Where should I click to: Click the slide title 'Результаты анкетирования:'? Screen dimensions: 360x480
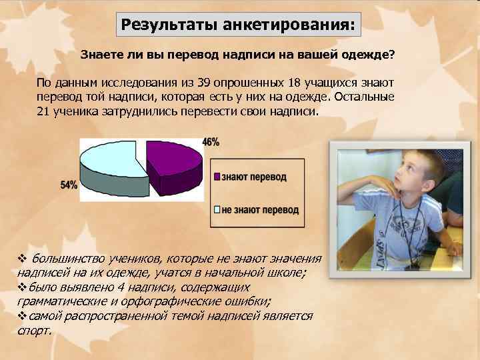(x=239, y=26)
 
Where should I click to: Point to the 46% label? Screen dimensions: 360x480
(x=211, y=142)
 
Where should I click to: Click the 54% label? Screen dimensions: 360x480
(x=69, y=185)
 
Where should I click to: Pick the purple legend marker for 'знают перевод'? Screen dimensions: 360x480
(x=217, y=177)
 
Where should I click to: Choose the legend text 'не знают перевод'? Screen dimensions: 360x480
(x=260, y=210)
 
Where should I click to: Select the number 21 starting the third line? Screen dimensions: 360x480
(x=43, y=111)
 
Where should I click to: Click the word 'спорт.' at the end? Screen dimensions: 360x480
(x=34, y=330)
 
